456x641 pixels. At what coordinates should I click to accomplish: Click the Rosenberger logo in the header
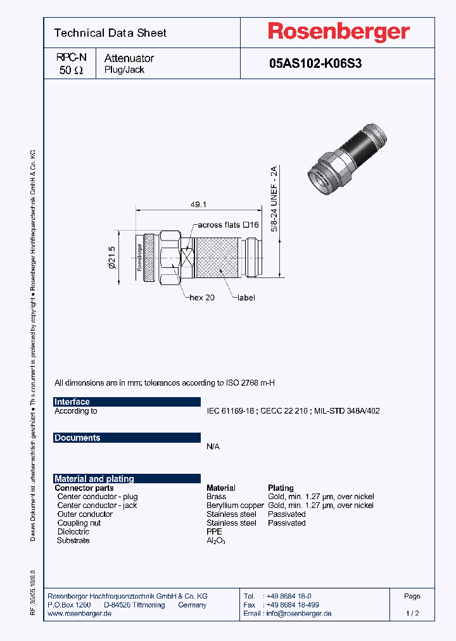coord(338,32)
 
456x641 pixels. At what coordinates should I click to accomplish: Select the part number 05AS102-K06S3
coord(315,63)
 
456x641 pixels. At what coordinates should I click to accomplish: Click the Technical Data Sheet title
coord(110,33)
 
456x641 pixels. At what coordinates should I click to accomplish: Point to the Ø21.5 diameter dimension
coord(113,258)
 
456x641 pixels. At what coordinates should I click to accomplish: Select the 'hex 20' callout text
coord(202,297)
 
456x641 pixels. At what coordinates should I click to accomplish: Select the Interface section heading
coord(72,402)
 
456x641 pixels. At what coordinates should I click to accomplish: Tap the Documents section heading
coord(77,438)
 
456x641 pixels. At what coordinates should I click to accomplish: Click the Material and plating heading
coord(94,479)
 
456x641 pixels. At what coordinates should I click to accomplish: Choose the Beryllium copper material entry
coord(234,505)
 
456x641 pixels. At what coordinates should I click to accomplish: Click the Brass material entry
coord(216,497)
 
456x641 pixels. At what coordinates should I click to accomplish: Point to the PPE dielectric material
coord(214,532)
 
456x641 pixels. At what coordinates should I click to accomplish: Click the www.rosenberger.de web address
coord(80,614)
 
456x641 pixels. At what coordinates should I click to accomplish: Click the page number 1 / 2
coord(412,614)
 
